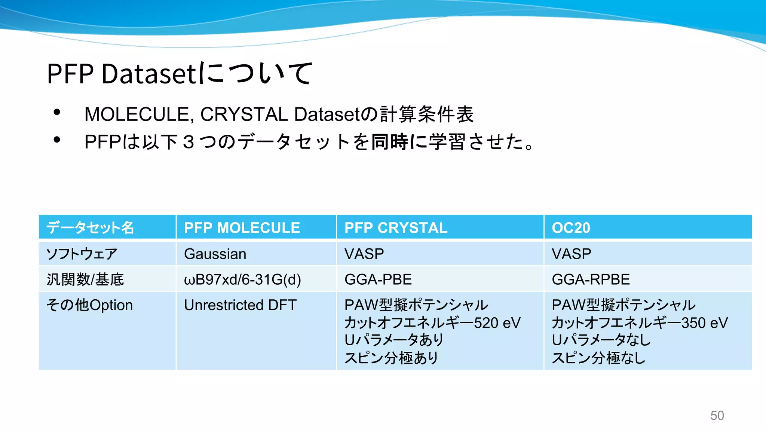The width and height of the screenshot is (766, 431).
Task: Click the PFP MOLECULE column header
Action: coord(242,228)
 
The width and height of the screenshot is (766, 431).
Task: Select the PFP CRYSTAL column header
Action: coord(396,228)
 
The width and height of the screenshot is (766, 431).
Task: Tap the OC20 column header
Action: coord(571,228)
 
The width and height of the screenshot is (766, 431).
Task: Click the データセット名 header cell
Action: coord(90,228)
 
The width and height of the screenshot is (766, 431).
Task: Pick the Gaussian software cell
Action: coord(215,254)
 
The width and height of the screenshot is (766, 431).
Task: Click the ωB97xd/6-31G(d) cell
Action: coord(242,279)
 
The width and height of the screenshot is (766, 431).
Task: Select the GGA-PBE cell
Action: coord(378,279)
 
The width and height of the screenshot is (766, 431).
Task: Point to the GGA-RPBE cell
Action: coord(591,279)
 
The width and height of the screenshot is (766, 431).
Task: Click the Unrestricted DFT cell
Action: coord(240,305)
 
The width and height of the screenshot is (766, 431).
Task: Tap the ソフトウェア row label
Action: coord(82,254)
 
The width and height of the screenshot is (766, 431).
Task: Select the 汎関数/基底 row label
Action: coord(85,279)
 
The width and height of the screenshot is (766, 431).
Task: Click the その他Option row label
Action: coord(89,305)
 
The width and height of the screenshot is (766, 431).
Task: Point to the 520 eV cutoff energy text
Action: coord(497,323)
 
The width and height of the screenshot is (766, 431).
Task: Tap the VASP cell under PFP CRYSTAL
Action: coord(364,254)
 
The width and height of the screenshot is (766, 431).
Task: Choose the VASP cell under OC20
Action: coord(571,254)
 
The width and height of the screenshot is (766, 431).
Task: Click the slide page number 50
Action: coord(717,416)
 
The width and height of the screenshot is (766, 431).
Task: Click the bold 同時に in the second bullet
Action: coord(399,142)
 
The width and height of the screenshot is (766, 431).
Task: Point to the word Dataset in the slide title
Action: coord(149,73)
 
